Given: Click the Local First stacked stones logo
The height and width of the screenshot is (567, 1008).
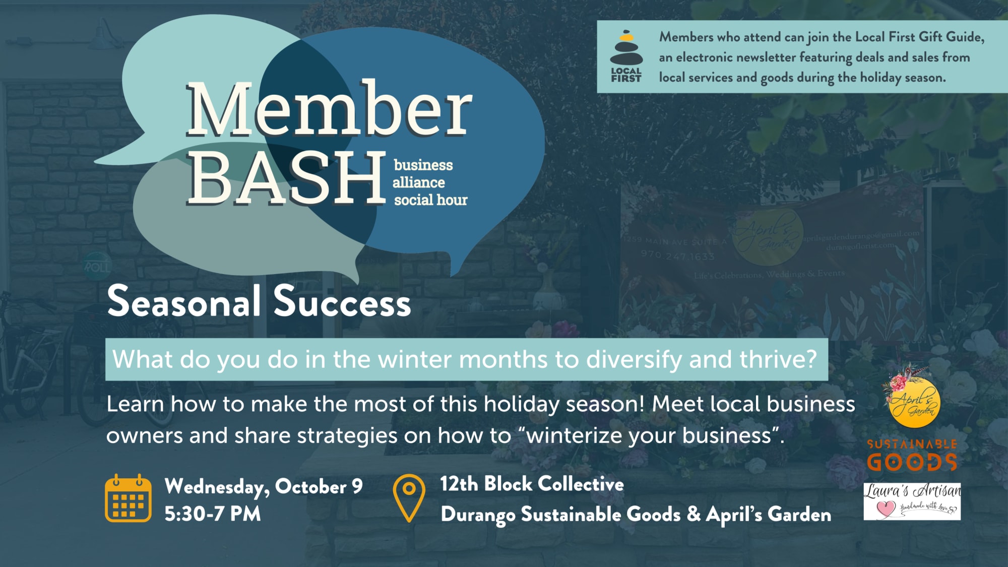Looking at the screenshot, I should tap(626, 56).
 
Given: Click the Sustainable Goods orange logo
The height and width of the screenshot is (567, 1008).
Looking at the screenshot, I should tap(912, 455).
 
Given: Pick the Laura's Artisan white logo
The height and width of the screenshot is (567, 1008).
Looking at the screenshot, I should tap(912, 501).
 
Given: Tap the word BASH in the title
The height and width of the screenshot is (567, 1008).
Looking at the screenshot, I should tap(286, 178).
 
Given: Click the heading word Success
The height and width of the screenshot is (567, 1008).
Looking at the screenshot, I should tap(342, 301).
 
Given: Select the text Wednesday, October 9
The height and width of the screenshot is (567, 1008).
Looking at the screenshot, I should tap(264, 486).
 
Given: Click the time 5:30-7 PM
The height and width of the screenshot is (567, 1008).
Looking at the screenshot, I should tap(213, 514).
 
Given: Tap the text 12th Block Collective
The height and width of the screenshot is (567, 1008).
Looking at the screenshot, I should tap(532, 484).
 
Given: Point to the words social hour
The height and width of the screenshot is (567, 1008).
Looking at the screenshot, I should tap(430, 200).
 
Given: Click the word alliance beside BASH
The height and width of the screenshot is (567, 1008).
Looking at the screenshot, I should tap(419, 182).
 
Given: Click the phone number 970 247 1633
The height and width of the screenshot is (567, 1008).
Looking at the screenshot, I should tap(677, 256).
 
